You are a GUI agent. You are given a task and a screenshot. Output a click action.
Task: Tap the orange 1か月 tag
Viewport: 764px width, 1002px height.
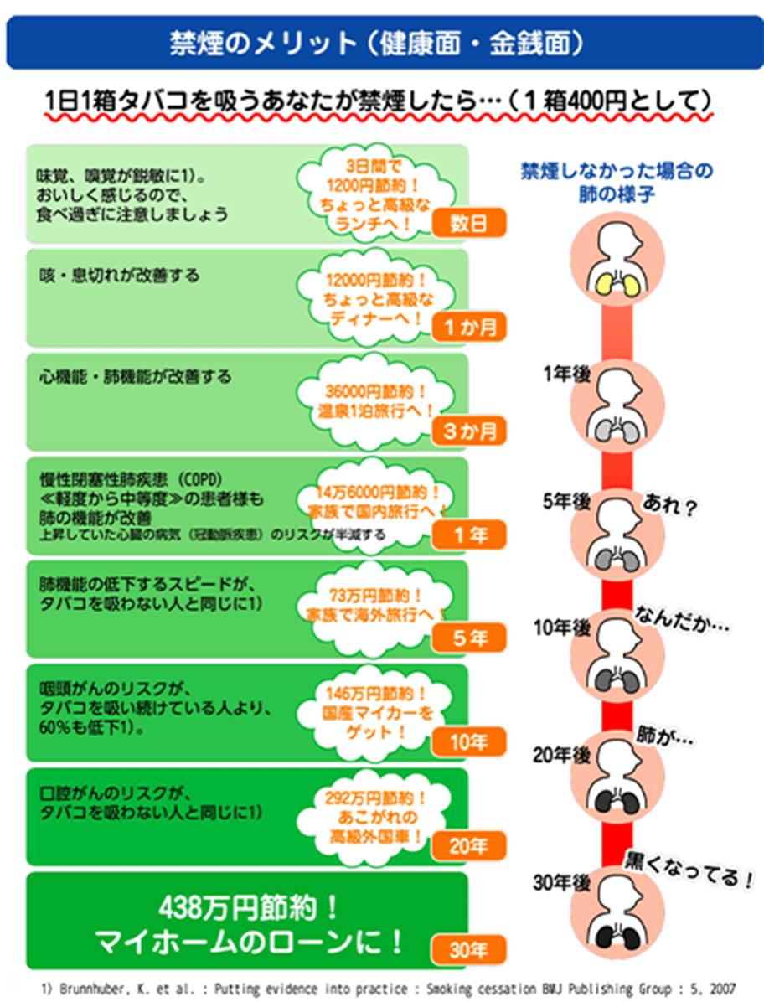coord(469,327)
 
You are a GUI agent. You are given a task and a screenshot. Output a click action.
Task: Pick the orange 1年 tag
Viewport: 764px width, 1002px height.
coord(469,535)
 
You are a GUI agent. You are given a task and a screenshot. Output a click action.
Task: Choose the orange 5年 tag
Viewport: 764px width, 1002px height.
coord(469,638)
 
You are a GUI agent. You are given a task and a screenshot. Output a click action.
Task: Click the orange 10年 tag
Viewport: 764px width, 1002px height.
coord(469,741)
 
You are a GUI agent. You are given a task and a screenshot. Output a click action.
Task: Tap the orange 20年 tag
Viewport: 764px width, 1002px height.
coord(469,846)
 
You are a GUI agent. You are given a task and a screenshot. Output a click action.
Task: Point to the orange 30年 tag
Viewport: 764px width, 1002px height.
coord(469,950)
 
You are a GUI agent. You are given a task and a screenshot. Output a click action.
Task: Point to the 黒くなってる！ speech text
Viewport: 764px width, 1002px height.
coord(690,871)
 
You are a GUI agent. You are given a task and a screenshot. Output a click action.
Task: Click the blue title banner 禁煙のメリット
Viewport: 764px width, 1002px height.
coord(383,40)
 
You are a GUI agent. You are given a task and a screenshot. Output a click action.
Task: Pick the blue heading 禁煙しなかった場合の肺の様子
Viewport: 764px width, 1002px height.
coord(617,182)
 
